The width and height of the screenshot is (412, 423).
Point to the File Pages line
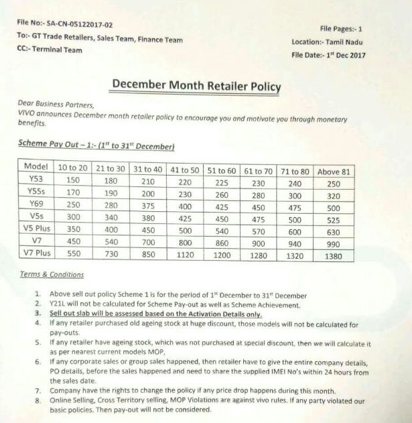pyautogui.click(x=341, y=29)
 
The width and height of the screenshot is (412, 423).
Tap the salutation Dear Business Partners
pyautogui.click(x=56, y=105)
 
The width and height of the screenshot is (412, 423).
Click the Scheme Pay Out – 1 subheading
pyautogui.click(x=96, y=145)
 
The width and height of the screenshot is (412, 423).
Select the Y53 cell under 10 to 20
pyautogui.click(x=72, y=180)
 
